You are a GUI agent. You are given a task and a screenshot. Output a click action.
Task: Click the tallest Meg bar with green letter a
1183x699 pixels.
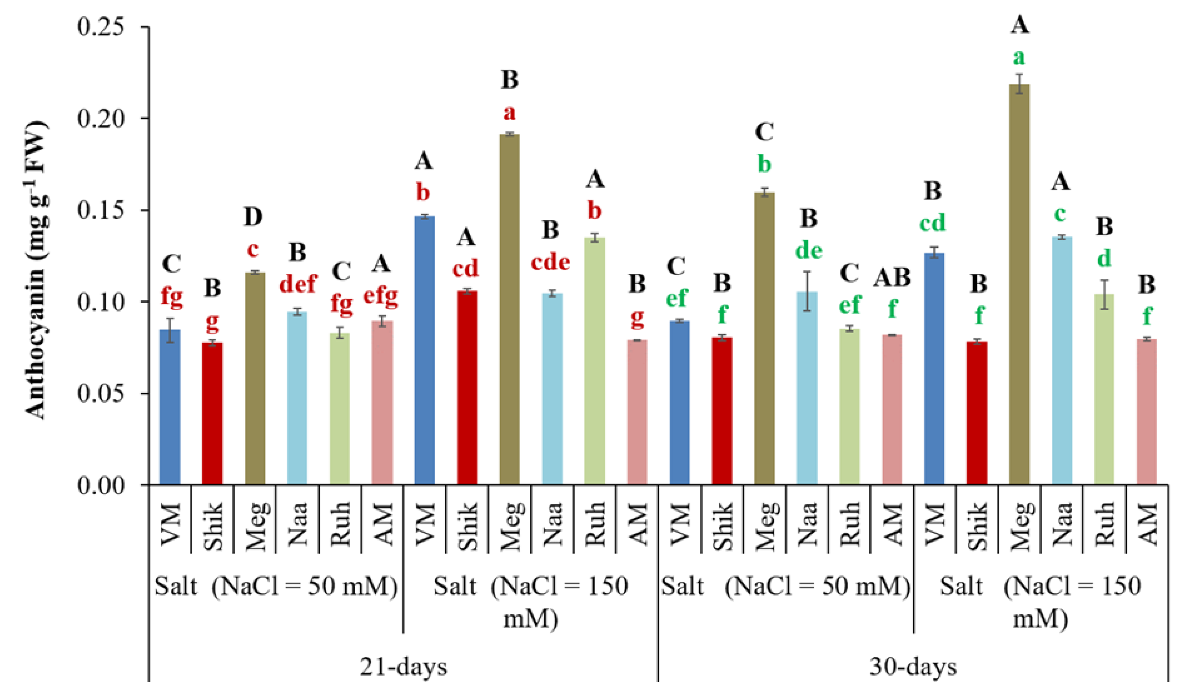coord(1019,283)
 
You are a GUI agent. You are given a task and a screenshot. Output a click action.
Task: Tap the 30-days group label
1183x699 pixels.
coord(913,667)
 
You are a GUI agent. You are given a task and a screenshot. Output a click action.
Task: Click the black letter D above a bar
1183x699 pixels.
coord(253,217)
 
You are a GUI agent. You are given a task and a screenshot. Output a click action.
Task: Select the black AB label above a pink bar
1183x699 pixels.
coord(892,277)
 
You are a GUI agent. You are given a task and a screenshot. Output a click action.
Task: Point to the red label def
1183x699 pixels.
coord(298,284)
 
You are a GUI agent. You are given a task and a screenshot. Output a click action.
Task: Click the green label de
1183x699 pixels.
coord(809,251)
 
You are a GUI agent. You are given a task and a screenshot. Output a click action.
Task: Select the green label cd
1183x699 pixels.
coord(932,222)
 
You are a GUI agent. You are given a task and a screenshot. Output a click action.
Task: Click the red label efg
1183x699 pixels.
coord(381,297)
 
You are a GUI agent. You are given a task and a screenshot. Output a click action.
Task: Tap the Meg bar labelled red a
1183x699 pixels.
coord(509,306)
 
